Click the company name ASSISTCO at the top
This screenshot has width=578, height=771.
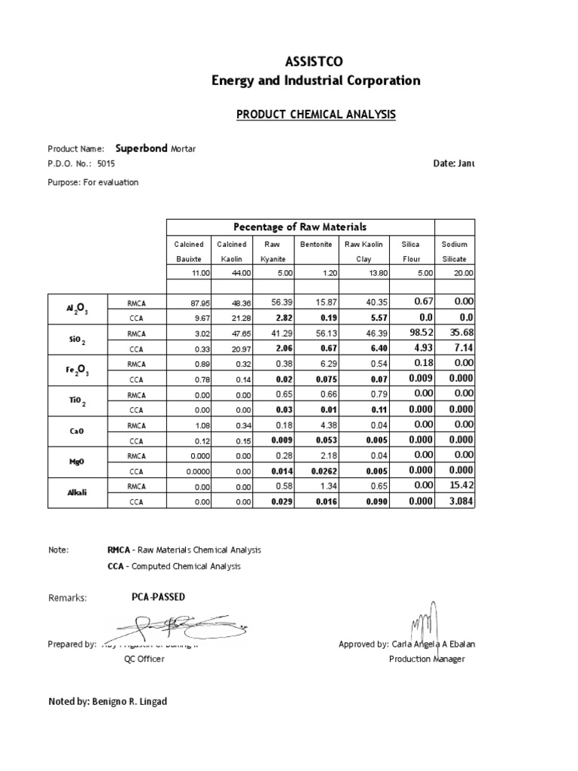(315, 63)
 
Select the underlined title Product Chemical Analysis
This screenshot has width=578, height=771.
(315, 114)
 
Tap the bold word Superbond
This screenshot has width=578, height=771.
(141, 148)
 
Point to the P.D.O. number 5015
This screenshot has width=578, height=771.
(108, 163)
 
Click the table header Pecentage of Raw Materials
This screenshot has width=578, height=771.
(300, 227)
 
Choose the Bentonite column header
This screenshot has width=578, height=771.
(317, 245)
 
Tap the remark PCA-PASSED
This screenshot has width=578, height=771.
(158, 597)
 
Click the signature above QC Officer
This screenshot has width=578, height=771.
(170, 624)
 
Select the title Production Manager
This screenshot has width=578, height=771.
(427, 659)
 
